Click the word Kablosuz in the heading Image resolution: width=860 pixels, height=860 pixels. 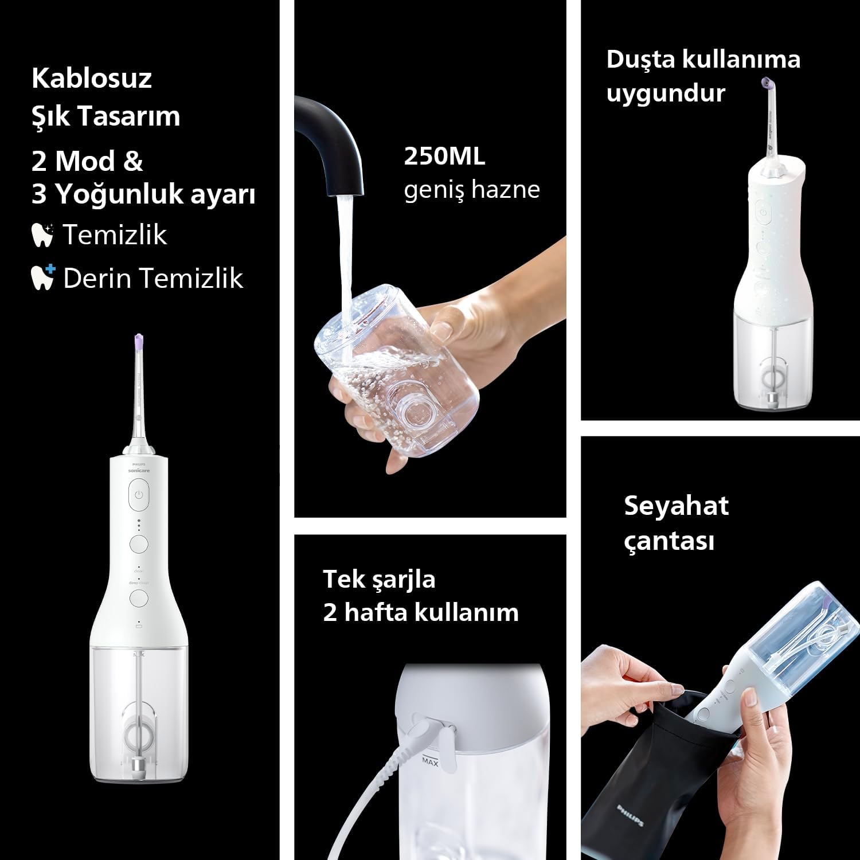click(92, 78)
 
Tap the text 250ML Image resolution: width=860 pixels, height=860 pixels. click(444, 157)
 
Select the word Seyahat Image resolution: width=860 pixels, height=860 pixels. click(677, 506)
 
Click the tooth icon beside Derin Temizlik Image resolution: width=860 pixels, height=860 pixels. click(42, 277)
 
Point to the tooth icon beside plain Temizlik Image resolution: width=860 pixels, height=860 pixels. click(42, 234)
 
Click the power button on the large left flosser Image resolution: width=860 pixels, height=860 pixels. click(138, 495)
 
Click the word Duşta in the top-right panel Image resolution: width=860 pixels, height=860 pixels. click(640, 59)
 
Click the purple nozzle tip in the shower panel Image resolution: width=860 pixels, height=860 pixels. click(767, 84)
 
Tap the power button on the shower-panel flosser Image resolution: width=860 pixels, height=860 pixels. click(762, 213)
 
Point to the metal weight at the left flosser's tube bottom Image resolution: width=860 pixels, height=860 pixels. click(138, 765)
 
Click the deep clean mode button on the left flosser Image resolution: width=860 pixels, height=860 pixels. click(139, 598)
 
